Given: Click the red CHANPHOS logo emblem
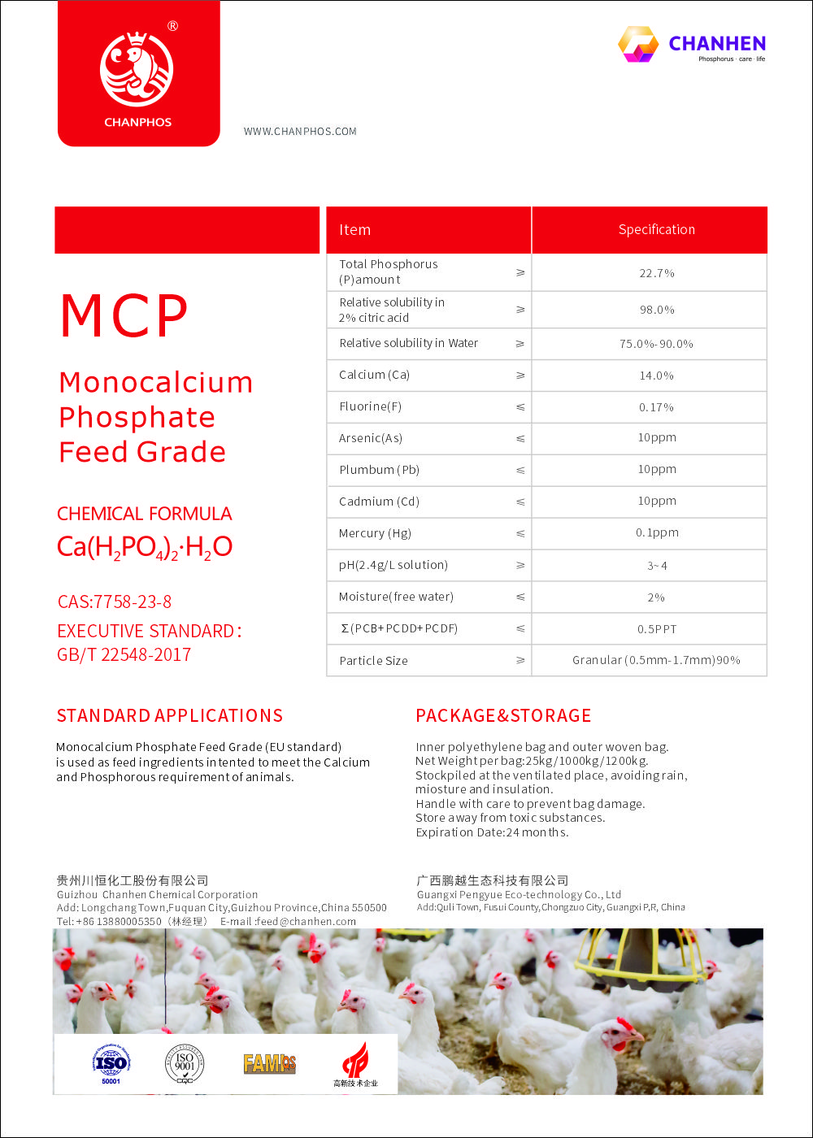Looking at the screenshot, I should click(137, 70).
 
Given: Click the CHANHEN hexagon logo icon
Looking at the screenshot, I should click(638, 44).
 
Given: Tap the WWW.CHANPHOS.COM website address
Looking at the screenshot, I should click(300, 132).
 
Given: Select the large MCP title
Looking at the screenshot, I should click(124, 316).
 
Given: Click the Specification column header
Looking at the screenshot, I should click(656, 230).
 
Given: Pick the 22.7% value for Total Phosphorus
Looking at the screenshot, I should click(656, 273).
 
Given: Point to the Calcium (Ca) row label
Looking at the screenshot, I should click(374, 375).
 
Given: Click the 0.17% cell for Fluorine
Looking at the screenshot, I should click(656, 407).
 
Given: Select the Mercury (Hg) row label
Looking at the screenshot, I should click(375, 533).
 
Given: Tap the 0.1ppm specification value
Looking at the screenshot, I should click(656, 533).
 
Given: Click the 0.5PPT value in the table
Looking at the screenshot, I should click(656, 628).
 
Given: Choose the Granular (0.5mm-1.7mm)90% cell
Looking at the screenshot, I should click(656, 660).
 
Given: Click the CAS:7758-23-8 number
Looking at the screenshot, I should click(115, 602).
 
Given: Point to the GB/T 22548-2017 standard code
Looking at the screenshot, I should click(124, 654).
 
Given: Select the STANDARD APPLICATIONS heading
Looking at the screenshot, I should click(170, 715).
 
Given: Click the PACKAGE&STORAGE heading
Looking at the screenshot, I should click(503, 715).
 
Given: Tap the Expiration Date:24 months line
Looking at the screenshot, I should click(492, 832).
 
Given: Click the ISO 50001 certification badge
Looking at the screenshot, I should click(111, 1064).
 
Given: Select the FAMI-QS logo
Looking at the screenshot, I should click(269, 1063).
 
